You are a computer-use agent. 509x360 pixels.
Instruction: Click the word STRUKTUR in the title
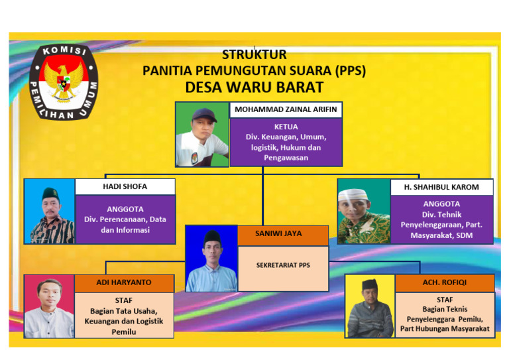254,54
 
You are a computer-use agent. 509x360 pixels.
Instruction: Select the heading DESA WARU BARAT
254,87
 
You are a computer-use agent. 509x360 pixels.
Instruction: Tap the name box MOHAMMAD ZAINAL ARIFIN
286,110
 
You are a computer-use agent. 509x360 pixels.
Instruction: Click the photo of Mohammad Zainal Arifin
202,134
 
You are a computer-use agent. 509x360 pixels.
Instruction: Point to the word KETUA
286,126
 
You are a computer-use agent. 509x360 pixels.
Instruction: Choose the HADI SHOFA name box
125,187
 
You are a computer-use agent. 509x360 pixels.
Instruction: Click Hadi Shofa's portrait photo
49,211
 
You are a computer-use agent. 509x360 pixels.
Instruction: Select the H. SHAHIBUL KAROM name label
441,187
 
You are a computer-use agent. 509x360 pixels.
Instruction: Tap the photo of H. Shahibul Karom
363,211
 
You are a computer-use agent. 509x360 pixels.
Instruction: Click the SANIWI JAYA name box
283,233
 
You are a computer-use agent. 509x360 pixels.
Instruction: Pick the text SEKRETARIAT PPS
283,265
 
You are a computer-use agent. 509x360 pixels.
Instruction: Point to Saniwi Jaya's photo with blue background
211,259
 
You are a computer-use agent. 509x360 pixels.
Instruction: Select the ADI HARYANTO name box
124,282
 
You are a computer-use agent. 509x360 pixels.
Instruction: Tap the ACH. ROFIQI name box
445,282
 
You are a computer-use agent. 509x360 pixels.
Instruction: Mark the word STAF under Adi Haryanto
124,300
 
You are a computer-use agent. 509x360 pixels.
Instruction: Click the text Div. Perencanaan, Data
125,219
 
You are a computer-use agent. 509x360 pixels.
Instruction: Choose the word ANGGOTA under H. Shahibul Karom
441,204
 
